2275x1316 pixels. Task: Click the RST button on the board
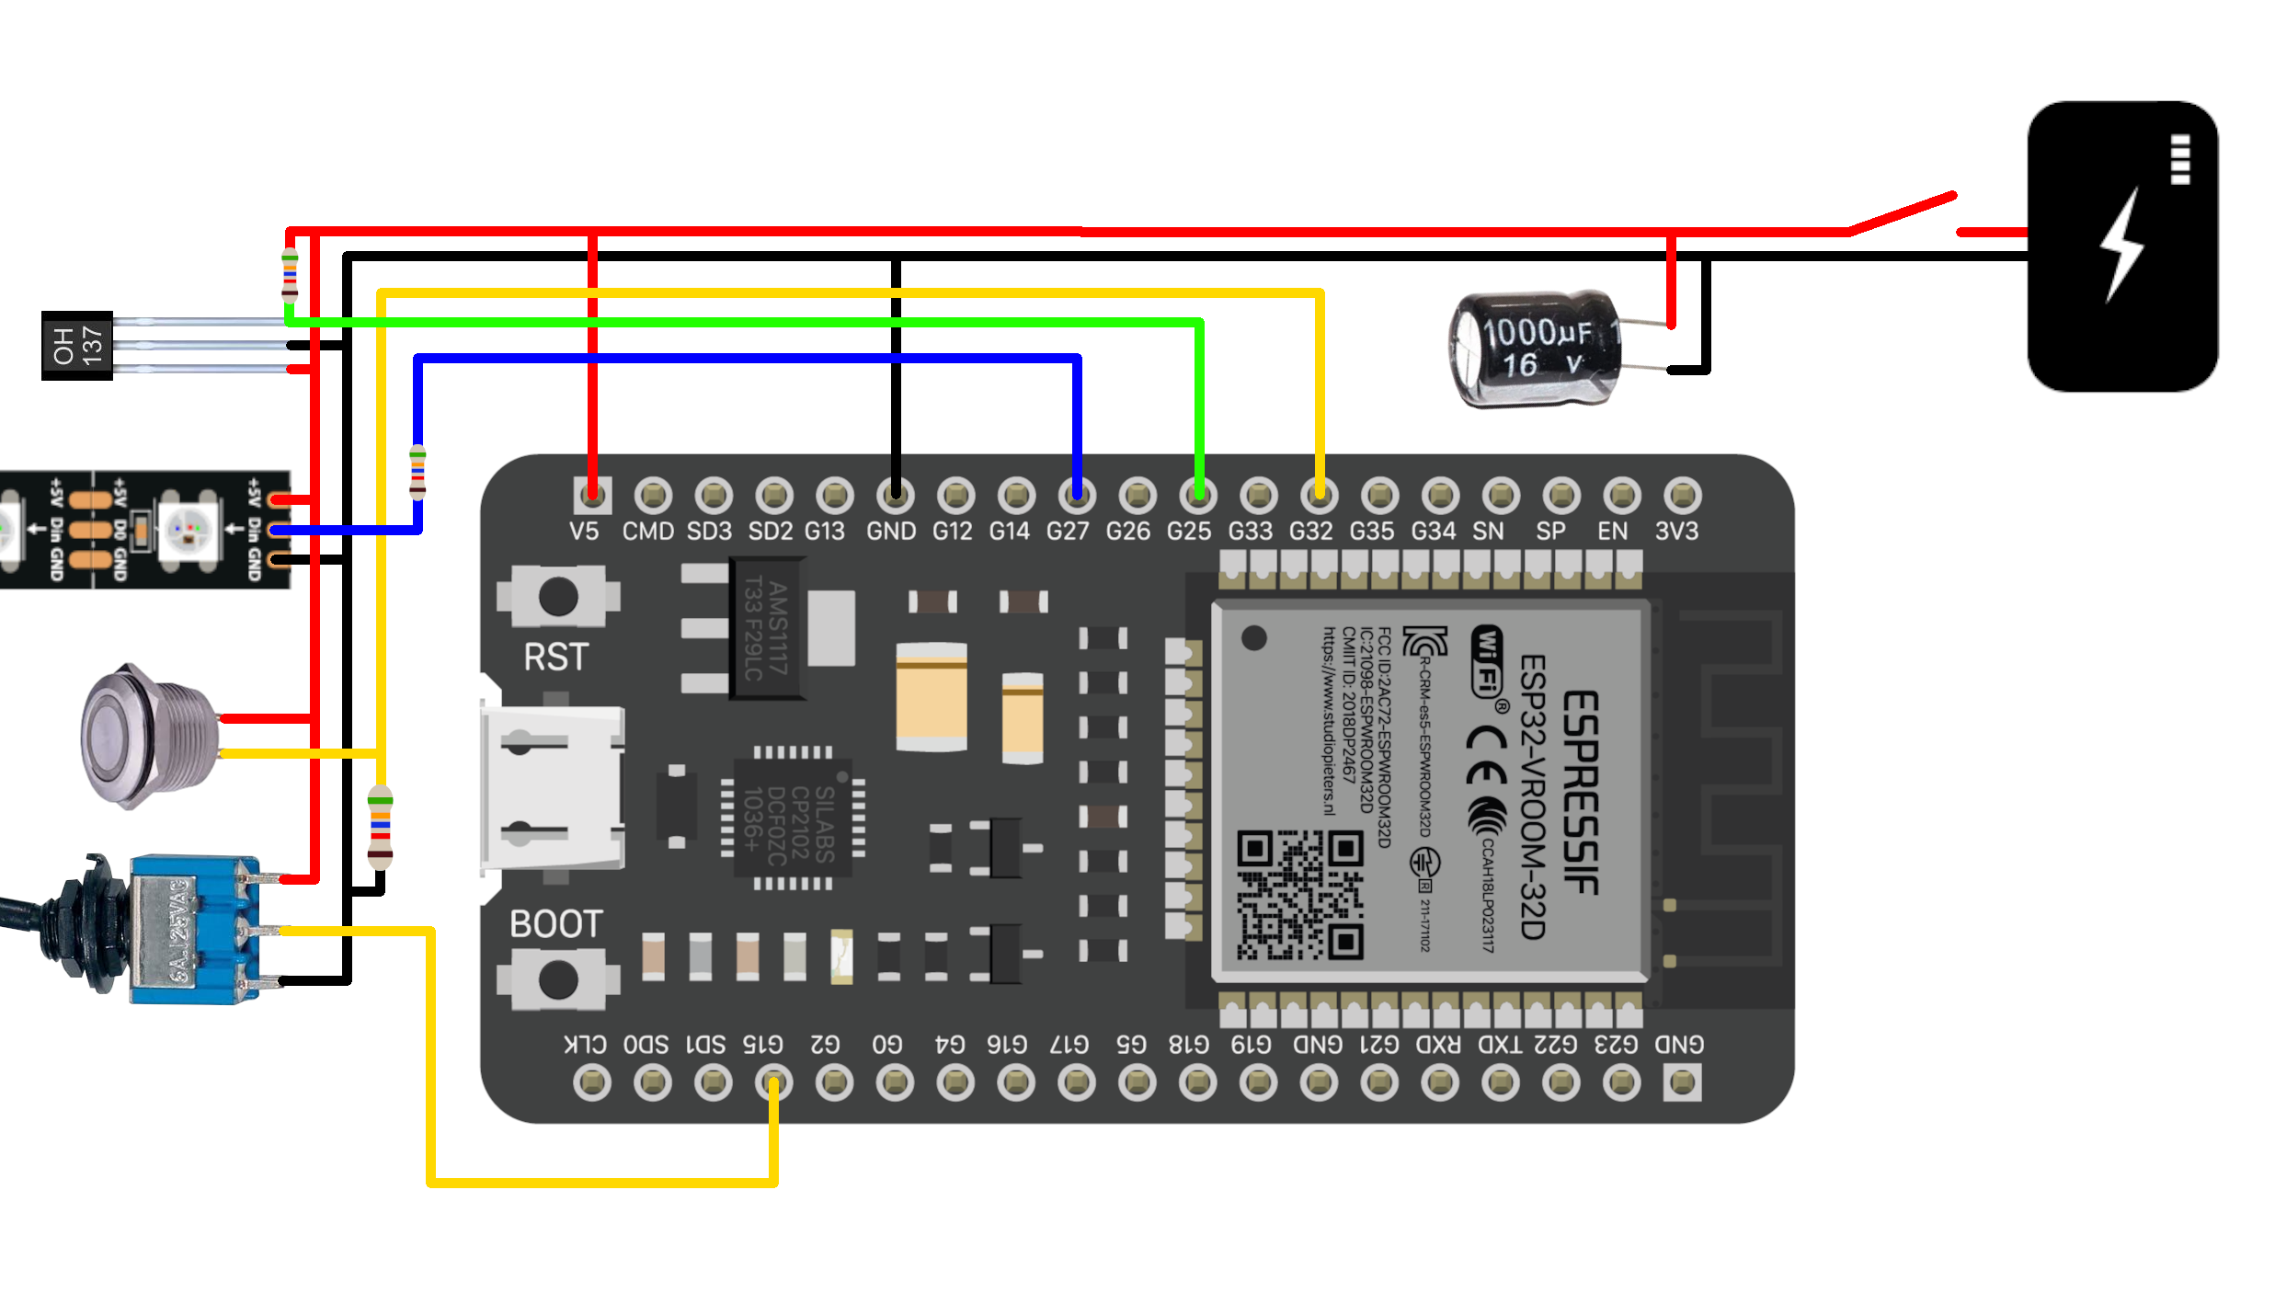[x=558, y=597]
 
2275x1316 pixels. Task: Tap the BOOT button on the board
[x=558, y=979]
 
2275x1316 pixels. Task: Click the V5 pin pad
[x=592, y=496]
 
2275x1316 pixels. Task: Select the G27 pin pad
[x=1076, y=496]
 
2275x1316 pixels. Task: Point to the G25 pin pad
[x=1197, y=496]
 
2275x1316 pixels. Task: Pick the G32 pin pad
[x=1319, y=496]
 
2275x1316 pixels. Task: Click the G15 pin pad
[x=773, y=1082]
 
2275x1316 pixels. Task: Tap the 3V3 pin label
[x=1676, y=532]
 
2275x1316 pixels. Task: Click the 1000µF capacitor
[x=1534, y=349]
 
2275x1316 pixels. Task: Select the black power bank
[x=2121, y=246]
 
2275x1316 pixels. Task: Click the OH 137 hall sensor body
[x=77, y=346]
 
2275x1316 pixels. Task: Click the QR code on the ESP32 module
[x=1298, y=895]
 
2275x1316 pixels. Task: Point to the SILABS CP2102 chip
[x=792, y=818]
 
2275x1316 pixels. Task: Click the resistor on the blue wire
[x=417, y=473]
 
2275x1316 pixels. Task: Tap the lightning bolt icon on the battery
[x=2121, y=245]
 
